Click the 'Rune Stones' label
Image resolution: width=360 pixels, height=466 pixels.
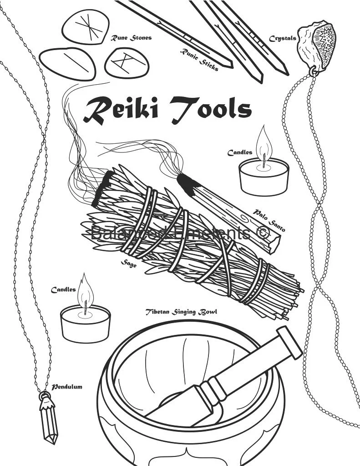131,38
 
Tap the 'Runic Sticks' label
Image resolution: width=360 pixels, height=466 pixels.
199,60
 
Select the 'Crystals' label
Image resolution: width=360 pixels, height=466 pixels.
282,38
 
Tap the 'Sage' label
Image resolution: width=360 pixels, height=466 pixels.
129,263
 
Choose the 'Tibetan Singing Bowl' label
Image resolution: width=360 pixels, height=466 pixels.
181,312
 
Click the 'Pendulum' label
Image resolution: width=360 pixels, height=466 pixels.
66,387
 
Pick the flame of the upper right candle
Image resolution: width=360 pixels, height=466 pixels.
263,141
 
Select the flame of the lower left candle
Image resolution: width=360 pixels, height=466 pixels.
85,291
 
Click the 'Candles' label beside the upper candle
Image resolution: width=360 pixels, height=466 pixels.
240,153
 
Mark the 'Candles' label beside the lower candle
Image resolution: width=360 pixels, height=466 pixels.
63,290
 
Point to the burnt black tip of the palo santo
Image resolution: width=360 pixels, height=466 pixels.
188,184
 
